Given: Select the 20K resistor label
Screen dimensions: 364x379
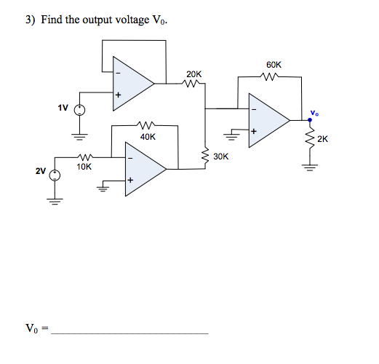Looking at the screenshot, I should pyautogui.click(x=194, y=74).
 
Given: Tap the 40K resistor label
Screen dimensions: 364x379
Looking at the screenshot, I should pyautogui.click(x=148, y=136).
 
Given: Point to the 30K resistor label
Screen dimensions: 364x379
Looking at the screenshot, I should pyautogui.click(x=221, y=156).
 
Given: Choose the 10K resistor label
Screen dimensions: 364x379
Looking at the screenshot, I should pyautogui.click(x=84, y=167).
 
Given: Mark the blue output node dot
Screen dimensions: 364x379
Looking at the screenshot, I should pyautogui.click(x=311, y=119).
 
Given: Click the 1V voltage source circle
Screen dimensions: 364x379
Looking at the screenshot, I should pyautogui.click(x=79, y=111).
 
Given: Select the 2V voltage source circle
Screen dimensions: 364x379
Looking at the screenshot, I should pyautogui.click(x=53, y=173).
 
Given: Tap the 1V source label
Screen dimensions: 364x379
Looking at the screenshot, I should pyautogui.click(x=63, y=107).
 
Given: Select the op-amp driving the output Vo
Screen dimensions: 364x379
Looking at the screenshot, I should pyautogui.click(x=266, y=119).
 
